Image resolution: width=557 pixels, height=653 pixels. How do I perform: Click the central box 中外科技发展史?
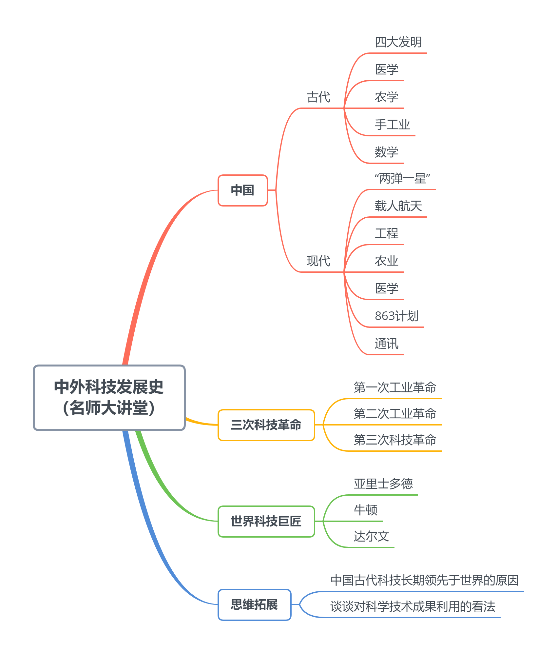pos(109,397)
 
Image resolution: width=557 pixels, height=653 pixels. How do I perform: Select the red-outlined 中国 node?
pos(242,190)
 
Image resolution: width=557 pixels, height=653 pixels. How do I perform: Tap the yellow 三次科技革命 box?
pos(266,425)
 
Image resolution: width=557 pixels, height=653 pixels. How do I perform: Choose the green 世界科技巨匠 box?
pos(266,521)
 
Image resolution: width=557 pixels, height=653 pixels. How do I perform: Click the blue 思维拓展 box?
pos(254,604)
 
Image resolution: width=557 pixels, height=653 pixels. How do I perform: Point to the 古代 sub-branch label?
pos(318,97)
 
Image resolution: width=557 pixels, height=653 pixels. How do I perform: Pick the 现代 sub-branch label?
pos(318,261)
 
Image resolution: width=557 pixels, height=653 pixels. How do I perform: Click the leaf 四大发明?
pos(398,42)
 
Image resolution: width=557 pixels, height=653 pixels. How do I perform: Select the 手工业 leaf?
pos(393,125)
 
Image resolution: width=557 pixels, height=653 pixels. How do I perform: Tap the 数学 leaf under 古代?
pos(387,152)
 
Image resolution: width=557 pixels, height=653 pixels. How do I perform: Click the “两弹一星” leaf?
pos(402,179)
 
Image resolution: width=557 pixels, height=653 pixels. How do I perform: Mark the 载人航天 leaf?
pos(398,206)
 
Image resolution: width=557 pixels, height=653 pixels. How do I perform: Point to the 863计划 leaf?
pos(396,316)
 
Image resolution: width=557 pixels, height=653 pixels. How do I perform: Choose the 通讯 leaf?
pos(387,344)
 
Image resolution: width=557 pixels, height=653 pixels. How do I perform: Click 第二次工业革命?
pos(395,414)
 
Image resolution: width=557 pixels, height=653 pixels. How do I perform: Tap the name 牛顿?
pos(366,510)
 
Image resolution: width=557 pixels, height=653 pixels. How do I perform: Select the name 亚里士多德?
pos(383,484)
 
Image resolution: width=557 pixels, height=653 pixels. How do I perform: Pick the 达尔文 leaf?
pos(372,536)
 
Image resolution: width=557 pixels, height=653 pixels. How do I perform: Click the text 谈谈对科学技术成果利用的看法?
pos(413,606)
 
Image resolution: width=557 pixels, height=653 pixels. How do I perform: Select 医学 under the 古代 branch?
pos(387,69)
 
